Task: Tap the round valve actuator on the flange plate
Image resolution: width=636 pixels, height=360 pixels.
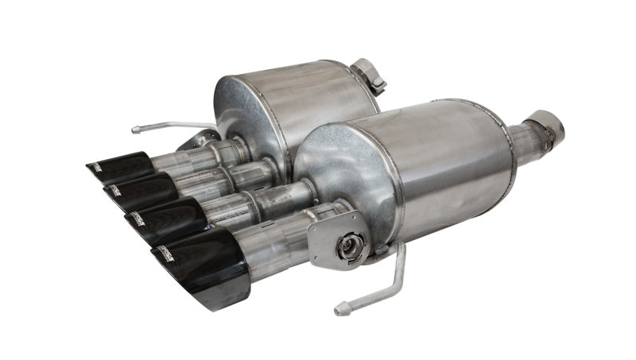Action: [347, 247]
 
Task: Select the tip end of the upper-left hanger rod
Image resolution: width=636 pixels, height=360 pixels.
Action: [136, 127]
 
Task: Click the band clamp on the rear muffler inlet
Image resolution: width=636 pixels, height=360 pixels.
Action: [369, 75]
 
